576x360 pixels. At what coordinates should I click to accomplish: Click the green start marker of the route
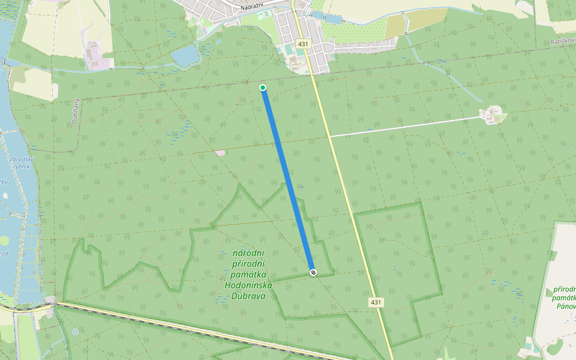pyautogui.click(x=263, y=88)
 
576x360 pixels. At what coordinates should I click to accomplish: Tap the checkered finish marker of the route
pyautogui.click(x=313, y=272)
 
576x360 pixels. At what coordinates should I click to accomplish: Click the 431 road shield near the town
pyautogui.click(x=303, y=44)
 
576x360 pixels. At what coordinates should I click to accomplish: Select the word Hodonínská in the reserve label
pyautogui.click(x=248, y=285)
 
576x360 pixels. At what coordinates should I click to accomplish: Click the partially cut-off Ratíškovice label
pyautogui.click(x=563, y=43)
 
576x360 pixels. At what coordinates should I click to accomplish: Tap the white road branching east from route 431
pyautogui.click(x=408, y=126)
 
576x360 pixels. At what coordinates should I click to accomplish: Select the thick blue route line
pyautogui.click(x=288, y=180)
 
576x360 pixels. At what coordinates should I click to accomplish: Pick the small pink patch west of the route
pyautogui.click(x=221, y=152)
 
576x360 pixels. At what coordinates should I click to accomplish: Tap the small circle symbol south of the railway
pyautogui.click(x=76, y=331)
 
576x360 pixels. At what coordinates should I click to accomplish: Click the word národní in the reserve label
pyautogui.click(x=248, y=254)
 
